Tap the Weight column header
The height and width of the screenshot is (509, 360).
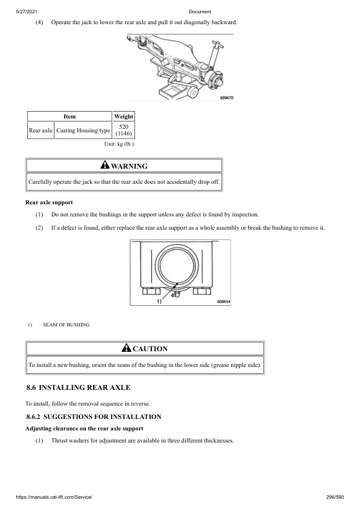coord(123,116)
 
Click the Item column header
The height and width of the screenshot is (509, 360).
coord(70,116)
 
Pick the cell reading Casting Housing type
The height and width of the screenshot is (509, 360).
coord(83,130)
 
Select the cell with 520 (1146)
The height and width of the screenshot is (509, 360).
coord(123,130)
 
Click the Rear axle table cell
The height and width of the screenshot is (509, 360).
coord(41,130)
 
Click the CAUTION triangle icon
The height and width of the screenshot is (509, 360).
coord(126,348)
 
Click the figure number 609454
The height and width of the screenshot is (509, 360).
coord(223,300)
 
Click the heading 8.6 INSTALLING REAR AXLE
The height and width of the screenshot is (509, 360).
coord(78,387)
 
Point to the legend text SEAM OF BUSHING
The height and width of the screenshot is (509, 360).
coord(66,325)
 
